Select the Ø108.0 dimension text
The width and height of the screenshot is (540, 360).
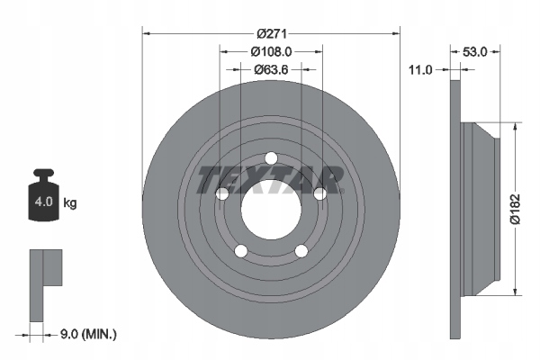pos(271,50)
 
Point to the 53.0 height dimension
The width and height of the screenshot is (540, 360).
pos(474,52)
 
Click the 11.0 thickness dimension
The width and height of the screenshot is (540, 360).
pos(421,68)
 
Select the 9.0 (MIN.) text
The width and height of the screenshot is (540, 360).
pos(86,334)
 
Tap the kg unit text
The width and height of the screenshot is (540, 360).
pos(70,203)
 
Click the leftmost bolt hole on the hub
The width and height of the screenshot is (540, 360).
pos(222,193)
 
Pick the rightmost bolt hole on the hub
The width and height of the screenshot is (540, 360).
pos(319,193)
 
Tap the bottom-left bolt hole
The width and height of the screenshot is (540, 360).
pos(240,251)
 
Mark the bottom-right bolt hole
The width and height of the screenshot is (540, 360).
pos(301,251)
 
